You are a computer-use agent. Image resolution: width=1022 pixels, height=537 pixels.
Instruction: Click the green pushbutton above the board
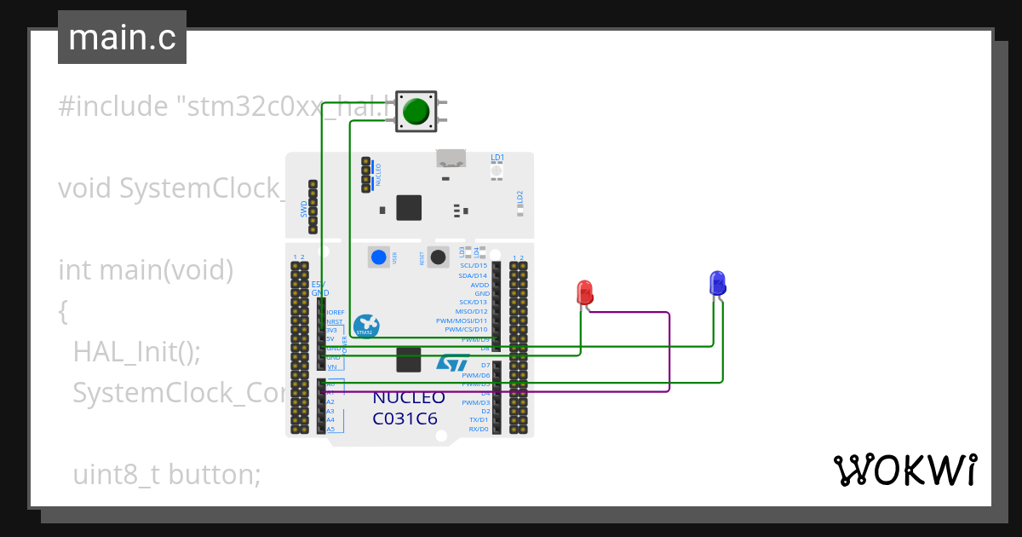pos(416,113)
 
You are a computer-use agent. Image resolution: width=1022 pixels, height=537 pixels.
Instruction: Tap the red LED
pos(585,292)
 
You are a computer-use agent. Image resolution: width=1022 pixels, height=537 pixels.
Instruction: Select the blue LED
pos(717,283)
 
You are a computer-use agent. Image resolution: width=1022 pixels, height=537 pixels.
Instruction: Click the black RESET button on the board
pos(439,257)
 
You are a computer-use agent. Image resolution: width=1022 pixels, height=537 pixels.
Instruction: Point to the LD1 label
pos(497,158)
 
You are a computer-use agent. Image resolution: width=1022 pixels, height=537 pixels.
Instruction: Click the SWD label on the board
pos(304,209)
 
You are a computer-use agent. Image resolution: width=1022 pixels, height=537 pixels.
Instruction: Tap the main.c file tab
pos(122,38)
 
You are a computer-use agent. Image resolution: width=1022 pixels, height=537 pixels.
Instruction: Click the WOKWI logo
pos(904,470)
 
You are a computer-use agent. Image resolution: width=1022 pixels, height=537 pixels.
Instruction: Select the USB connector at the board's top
pos(451,159)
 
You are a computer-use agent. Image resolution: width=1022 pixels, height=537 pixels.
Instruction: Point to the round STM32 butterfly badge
pos(366,326)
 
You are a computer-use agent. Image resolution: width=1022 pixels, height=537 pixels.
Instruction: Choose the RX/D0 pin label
pos(478,429)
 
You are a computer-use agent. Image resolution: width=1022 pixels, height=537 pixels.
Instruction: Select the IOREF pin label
pos(336,312)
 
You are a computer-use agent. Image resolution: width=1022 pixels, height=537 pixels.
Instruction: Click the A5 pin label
pos(330,429)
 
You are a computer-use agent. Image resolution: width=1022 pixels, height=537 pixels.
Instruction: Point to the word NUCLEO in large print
pos(409,398)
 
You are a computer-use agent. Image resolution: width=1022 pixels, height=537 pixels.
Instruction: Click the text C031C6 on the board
pos(406,419)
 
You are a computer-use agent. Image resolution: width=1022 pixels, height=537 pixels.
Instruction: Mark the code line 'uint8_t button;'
pos(167,474)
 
